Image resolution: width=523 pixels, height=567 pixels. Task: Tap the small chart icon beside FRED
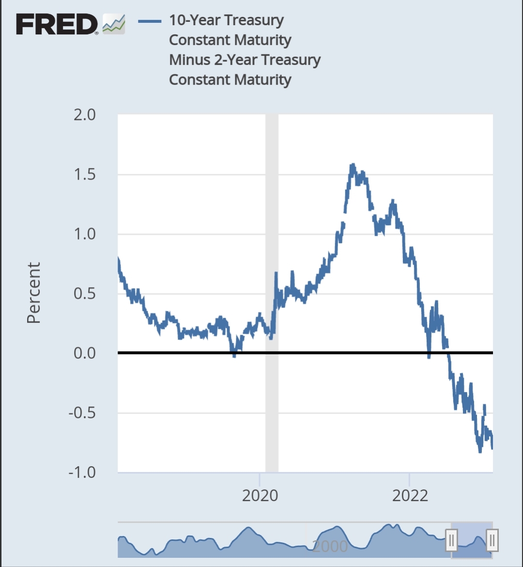coord(114,24)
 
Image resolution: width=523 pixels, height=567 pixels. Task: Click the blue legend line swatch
coord(149,21)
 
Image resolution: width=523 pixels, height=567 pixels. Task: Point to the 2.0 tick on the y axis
coord(85,115)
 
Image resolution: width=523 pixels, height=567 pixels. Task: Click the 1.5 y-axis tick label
coord(85,174)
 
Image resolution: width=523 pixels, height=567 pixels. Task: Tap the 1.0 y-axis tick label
coord(85,234)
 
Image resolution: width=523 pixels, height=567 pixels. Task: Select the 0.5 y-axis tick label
coord(85,293)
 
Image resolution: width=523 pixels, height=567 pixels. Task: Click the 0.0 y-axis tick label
coord(85,353)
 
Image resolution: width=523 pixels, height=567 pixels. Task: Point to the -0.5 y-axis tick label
coord(82,413)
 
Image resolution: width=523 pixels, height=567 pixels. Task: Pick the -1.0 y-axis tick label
coord(82,472)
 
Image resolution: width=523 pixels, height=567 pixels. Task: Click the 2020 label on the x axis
coord(260,495)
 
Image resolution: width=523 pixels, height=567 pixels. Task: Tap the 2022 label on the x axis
coord(410,495)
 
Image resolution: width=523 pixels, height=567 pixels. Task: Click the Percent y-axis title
coord(33,292)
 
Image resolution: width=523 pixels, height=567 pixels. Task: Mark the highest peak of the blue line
coord(353,166)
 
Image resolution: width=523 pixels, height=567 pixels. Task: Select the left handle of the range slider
coord(451,540)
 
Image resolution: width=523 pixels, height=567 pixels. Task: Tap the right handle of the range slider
coord(492,540)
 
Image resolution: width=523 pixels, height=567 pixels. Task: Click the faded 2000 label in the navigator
coord(330,546)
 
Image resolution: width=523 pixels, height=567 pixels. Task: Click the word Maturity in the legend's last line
coord(261,80)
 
